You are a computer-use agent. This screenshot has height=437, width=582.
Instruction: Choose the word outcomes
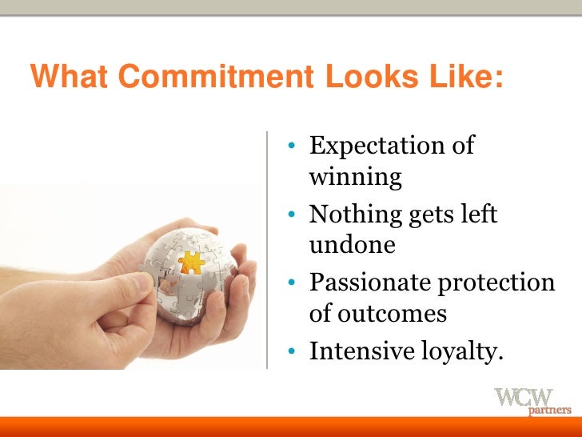pos(378,313)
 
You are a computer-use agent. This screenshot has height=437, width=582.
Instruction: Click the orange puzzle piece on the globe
pos(191,262)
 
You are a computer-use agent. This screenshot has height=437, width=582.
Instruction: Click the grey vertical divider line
pos(266,248)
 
